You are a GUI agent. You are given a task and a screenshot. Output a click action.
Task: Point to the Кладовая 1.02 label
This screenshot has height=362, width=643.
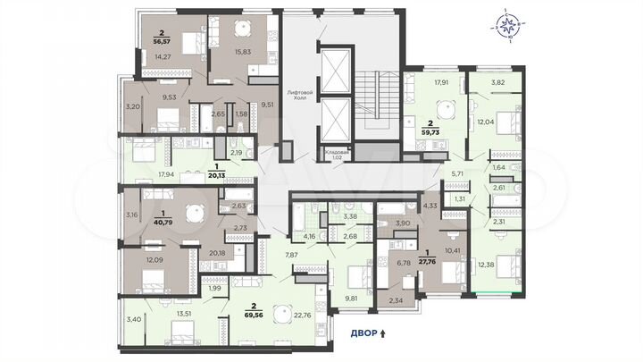pos(337,154)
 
